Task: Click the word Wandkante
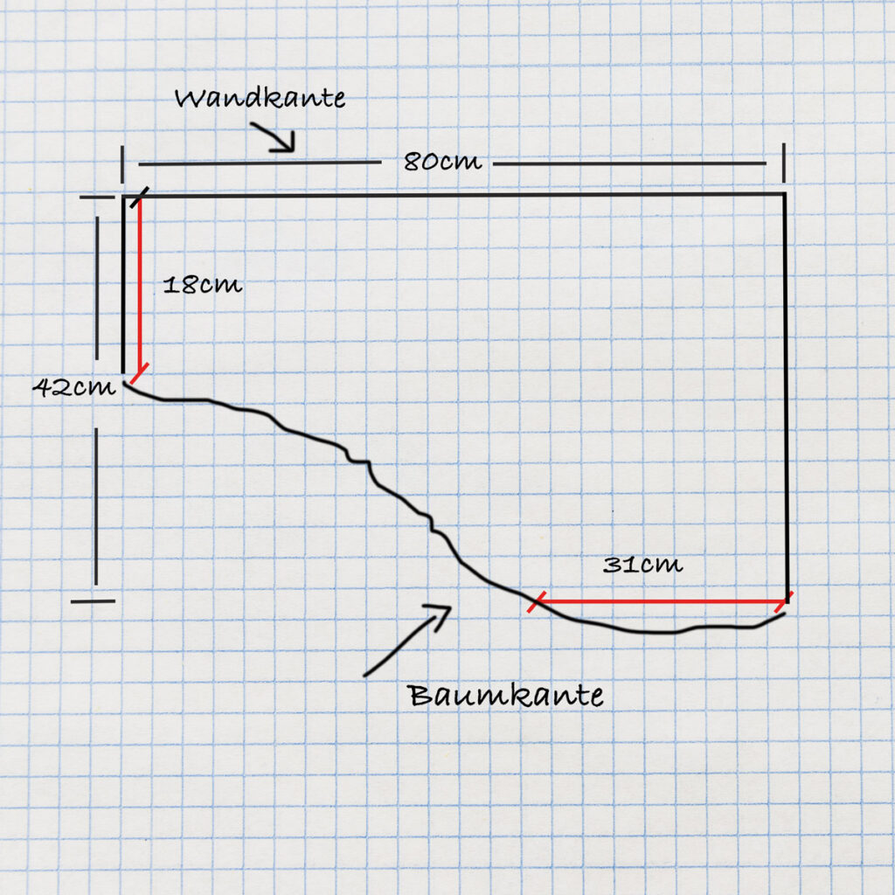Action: click(x=260, y=98)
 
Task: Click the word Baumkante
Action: click(x=505, y=696)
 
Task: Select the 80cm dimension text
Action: click(x=442, y=163)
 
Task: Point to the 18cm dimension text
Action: click(x=202, y=286)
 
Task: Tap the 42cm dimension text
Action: click(x=74, y=387)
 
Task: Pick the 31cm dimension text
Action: click(x=642, y=565)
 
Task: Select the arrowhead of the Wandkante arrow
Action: click(x=285, y=144)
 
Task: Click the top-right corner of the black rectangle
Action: click(x=784, y=194)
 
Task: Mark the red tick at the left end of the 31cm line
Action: click(x=538, y=601)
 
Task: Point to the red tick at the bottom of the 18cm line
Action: click(x=138, y=374)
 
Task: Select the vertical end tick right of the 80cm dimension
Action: click(x=783, y=163)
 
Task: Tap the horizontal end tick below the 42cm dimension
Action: click(x=93, y=600)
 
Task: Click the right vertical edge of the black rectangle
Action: click(x=786, y=393)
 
